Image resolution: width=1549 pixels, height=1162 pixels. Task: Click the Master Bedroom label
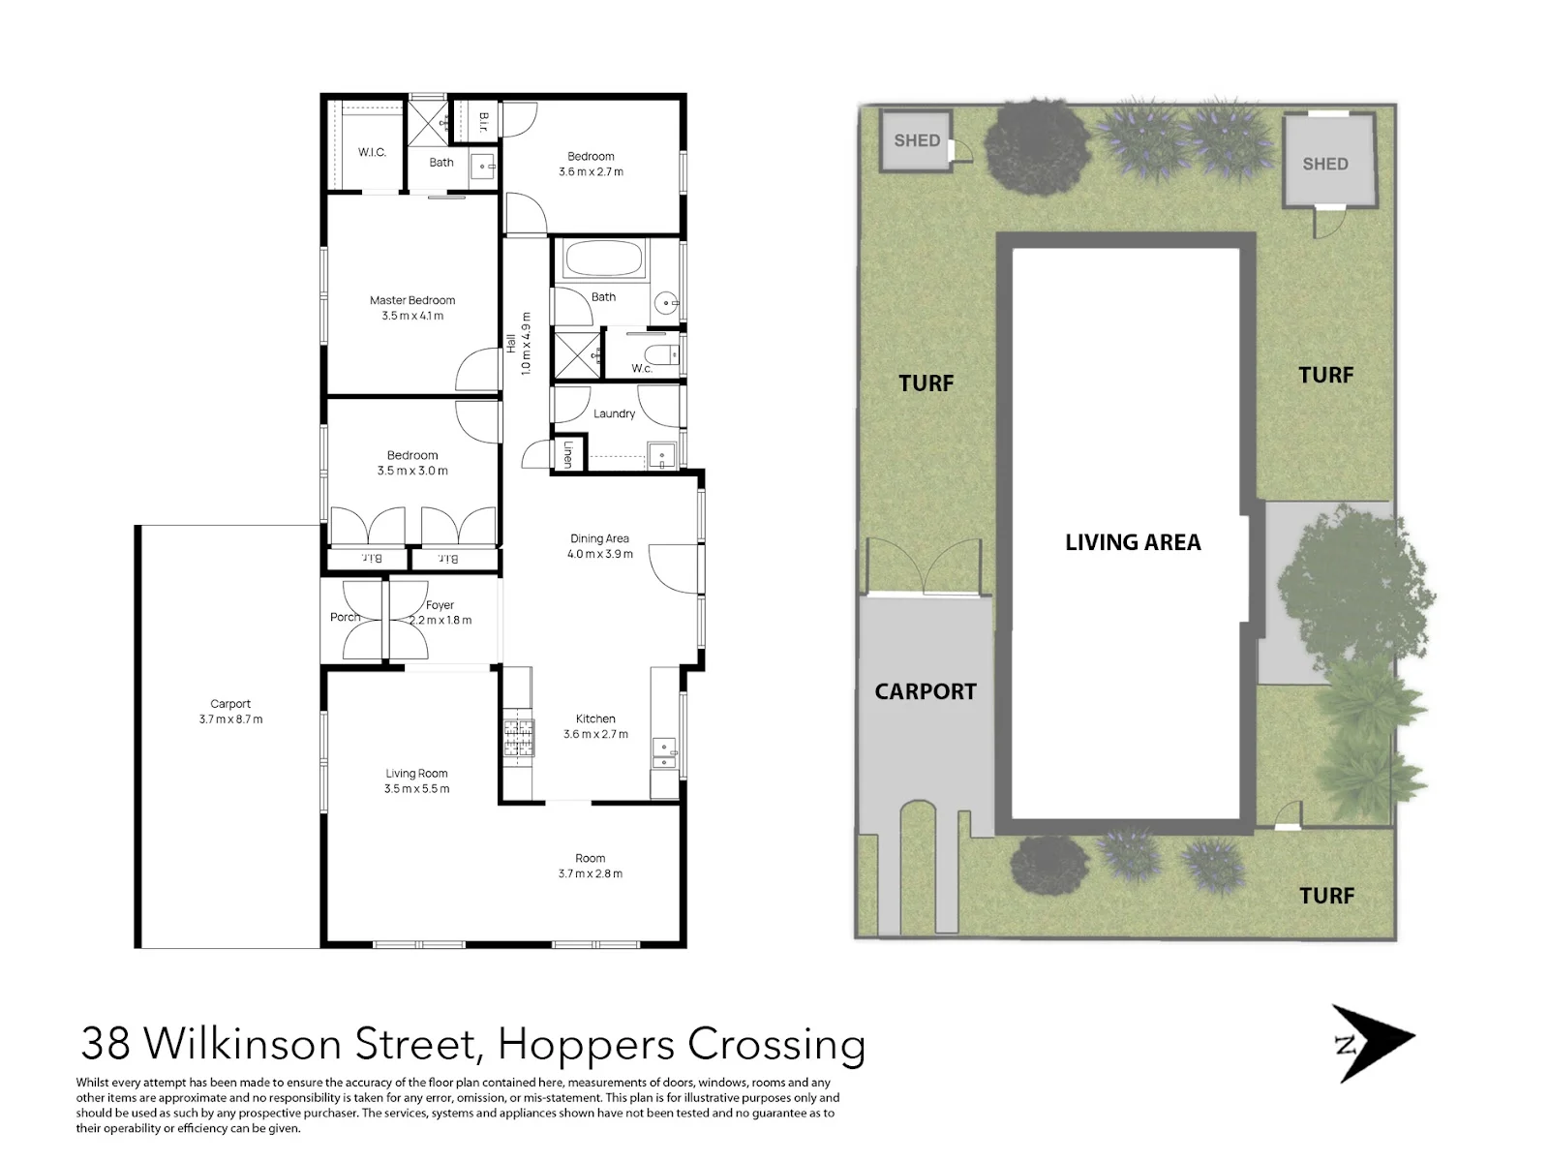click(x=412, y=300)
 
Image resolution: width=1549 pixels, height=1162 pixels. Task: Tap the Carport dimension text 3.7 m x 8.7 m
click(x=230, y=719)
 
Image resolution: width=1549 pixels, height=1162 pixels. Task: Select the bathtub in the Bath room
click(x=605, y=259)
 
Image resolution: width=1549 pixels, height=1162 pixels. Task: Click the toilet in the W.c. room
click(x=664, y=355)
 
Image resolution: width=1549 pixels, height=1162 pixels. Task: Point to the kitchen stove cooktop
click(x=519, y=738)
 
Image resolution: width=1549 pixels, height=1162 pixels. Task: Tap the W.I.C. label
click(x=372, y=152)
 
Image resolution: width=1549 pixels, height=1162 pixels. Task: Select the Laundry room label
click(x=614, y=413)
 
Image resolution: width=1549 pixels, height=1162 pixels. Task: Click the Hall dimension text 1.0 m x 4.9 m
click(x=526, y=344)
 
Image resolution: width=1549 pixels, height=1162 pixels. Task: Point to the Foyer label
click(x=440, y=604)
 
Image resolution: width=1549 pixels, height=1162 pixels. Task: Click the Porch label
click(x=345, y=617)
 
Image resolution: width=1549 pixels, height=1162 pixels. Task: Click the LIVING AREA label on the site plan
click(x=1133, y=542)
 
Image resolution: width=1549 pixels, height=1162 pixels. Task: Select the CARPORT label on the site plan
click(x=926, y=691)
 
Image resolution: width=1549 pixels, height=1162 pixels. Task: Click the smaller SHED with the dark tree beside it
click(x=917, y=139)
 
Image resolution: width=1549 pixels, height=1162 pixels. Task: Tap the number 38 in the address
click(x=106, y=1044)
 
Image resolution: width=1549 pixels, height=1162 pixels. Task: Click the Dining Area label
click(x=599, y=538)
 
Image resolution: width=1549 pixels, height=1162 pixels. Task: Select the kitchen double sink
click(x=664, y=752)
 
